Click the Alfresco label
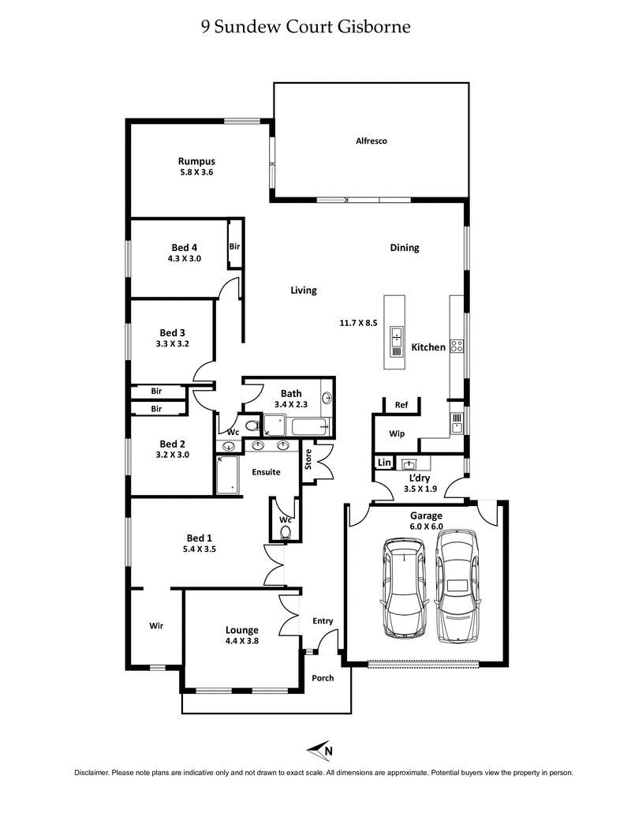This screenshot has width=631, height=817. point(370,141)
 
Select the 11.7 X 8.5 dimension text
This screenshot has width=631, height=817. point(358,322)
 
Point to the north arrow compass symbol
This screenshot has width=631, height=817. point(320,750)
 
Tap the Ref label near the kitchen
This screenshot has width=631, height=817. point(401,406)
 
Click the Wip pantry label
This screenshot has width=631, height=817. point(397,433)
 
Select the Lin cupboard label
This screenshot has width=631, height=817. point(384,463)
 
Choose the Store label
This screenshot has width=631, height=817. point(309,460)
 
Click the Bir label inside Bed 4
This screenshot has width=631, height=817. point(234,247)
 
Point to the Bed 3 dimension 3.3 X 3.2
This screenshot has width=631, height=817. point(174,343)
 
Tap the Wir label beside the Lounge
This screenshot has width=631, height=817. point(156,626)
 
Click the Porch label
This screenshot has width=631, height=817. point(323,678)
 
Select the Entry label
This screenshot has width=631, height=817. point(323,621)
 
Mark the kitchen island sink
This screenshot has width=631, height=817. point(396,337)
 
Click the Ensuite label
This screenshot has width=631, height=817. point(266,473)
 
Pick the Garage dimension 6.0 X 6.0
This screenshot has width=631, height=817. point(425,527)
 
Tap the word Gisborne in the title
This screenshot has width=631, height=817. point(374,28)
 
